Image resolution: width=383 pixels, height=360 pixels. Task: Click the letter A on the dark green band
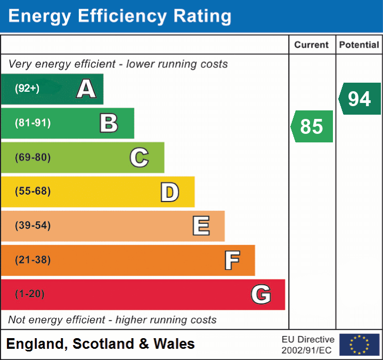tap(86, 89)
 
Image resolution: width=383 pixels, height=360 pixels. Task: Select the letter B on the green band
tap(109, 123)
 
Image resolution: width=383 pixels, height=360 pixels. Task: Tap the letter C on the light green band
tap(139, 157)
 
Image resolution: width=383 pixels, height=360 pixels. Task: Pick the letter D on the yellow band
tap(169, 192)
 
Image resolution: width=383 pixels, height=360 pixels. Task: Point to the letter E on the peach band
tap(200, 226)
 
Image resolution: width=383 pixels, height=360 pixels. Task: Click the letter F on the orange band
tap(231, 260)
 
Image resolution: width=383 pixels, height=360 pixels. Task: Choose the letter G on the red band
tap(261, 294)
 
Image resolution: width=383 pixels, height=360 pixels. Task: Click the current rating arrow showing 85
tap(312, 126)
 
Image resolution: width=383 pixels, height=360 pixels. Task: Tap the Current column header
tap(312, 45)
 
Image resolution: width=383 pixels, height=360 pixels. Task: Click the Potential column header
tap(359, 45)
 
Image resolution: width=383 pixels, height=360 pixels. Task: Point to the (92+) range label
tap(27, 89)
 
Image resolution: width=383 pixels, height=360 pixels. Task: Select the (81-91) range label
tap(32, 123)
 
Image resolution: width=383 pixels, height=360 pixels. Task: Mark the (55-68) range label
tap(32, 191)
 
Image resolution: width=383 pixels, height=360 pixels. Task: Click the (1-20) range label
tap(30, 294)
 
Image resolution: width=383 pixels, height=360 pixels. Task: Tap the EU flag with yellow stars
tap(359, 345)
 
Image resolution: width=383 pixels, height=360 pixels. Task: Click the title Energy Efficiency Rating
tap(120, 17)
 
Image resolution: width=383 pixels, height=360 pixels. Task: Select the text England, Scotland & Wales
tap(101, 344)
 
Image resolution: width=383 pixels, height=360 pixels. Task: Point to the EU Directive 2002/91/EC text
tap(308, 345)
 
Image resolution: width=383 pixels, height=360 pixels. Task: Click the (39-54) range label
tap(32, 226)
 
